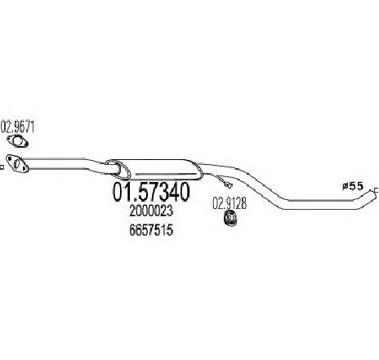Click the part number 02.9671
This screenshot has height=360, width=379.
pyautogui.click(x=18, y=127)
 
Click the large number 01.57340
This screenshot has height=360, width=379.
pyautogui.click(x=151, y=192)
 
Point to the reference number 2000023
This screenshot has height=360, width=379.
pyautogui.click(x=151, y=211)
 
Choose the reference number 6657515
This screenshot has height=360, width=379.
pyautogui.click(x=151, y=230)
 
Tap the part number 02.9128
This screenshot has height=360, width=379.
pyautogui.click(x=230, y=203)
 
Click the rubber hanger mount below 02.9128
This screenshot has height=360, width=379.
pyautogui.click(x=230, y=219)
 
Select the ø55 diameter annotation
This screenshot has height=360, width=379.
pyautogui.click(x=353, y=186)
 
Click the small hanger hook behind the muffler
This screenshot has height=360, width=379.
pyautogui.click(x=228, y=185)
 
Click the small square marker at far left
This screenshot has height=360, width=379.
pyautogui.click(x=2, y=167)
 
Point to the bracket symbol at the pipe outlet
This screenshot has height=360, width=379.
pyautogui.click(x=376, y=191)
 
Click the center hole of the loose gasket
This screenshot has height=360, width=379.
pyautogui.click(x=18, y=141)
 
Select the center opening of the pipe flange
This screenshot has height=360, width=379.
pyautogui.click(x=16, y=163)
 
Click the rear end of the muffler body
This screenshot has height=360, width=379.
pyautogui.click(x=198, y=171)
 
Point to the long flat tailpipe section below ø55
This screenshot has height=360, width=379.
pyautogui.click(x=321, y=205)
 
